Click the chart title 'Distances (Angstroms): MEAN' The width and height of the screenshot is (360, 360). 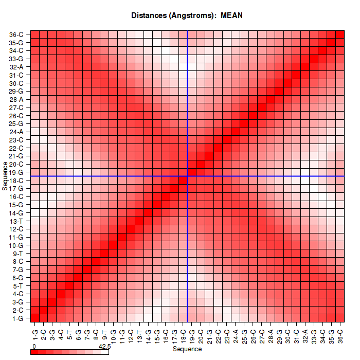tap(187, 15)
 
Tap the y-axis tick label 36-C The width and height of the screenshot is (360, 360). tap(16, 34)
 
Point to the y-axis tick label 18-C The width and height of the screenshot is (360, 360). tap(16, 180)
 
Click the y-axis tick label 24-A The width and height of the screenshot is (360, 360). tap(16, 132)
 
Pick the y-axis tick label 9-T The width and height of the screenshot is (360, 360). tap(16, 253)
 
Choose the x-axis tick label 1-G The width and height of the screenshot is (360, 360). tap(35, 331)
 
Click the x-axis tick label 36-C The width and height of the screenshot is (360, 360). tap(340, 331)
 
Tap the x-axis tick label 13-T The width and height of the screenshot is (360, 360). tap(140, 331)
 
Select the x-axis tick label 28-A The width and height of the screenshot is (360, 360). tap(271, 331)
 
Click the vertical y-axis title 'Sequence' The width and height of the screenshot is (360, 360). tap(5, 176)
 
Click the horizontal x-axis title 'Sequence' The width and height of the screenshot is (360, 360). tap(187, 349)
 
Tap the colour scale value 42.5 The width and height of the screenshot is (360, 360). tap(105, 347)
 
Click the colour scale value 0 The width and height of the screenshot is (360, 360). tap(33, 347)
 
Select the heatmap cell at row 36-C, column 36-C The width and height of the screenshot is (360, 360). tap(340, 34)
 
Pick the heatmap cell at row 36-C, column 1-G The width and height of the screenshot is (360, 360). tap(35, 34)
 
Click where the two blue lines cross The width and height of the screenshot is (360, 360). tap(188, 176)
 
